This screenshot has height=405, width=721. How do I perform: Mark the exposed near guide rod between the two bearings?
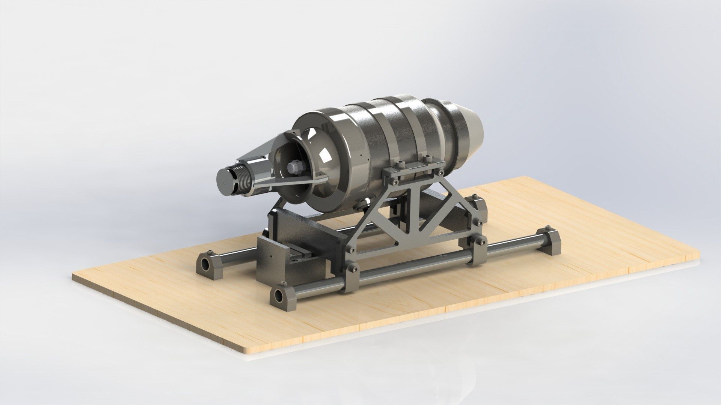coord(413,262)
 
